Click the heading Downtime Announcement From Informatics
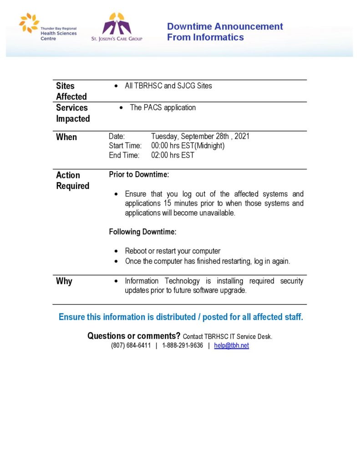pyautogui.click(x=225, y=32)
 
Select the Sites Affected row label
pyautogui.click(x=71, y=91)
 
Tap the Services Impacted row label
pyautogui.click(x=73, y=113)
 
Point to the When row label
pyautogui.click(x=66, y=137)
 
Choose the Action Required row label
pyautogui.click(x=73, y=180)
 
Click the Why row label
pyautogui.click(x=64, y=281)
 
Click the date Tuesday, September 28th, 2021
pyautogui.click(x=200, y=136)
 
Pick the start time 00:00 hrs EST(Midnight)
pyautogui.click(x=188, y=146)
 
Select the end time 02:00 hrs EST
pyautogui.click(x=172, y=155)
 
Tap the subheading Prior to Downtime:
pyautogui.click(x=139, y=174)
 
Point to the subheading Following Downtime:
pyautogui.click(x=142, y=232)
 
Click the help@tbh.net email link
pyautogui.click(x=232, y=345)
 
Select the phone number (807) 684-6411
pyautogui.click(x=131, y=345)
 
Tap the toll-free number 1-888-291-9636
pyautogui.click(x=183, y=345)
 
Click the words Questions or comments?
pyautogui.click(x=134, y=336)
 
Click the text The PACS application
pyautogui.click(x=163, y=108)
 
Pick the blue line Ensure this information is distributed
pyautogui.click(x=181, y=317)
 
